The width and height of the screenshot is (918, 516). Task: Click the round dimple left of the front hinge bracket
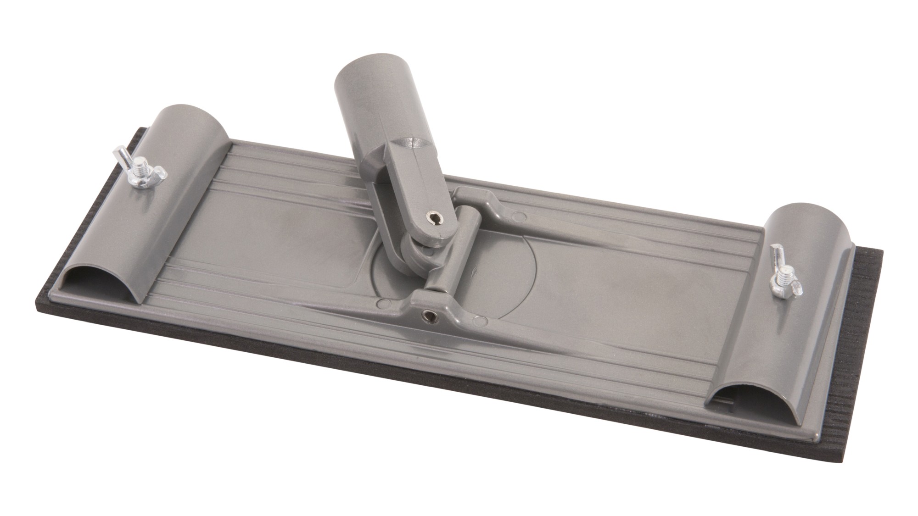385,303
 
